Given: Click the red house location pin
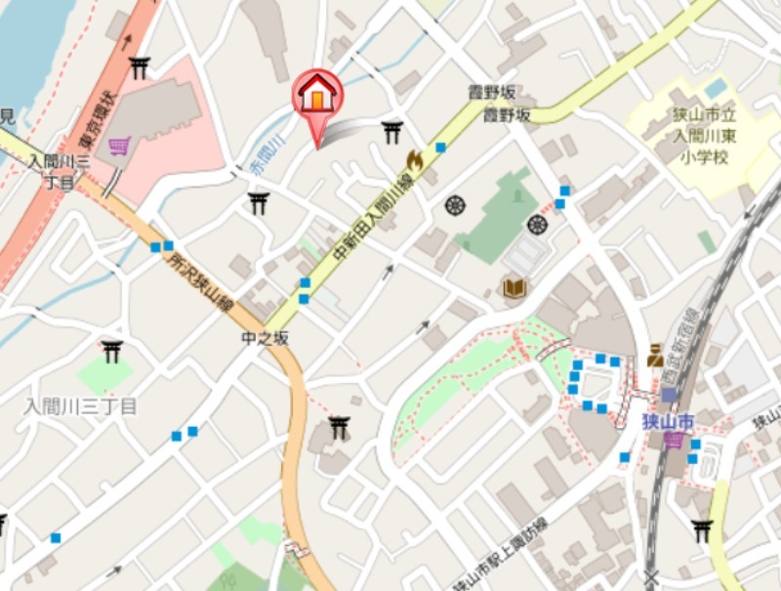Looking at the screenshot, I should click(317, 96).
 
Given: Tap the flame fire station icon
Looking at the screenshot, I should click(415, 161).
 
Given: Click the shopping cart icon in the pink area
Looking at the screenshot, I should click(120, 147).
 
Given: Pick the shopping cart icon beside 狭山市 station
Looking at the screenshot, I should click(674, 441).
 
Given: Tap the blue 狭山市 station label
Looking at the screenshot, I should click(667, 422).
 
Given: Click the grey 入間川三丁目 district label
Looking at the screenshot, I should click(80, 407).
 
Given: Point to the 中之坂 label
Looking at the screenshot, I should click(266, 339).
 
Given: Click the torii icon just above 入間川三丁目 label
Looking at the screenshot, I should click(112, 350).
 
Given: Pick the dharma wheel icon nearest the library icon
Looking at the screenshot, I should click(536, 225).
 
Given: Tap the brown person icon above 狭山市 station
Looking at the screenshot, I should click(655, 356).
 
